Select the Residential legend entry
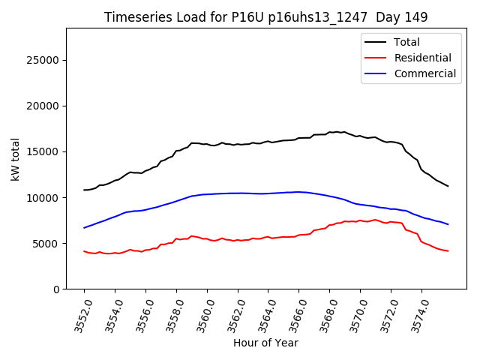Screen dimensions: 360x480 coord(422,58)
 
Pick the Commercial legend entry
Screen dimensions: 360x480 coord(424,73)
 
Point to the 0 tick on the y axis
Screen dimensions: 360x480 coord(56,289)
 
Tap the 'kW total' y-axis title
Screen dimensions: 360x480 coord(15,158)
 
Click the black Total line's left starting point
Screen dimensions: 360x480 coord(84,190)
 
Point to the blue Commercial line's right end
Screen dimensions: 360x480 coord(448,224)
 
